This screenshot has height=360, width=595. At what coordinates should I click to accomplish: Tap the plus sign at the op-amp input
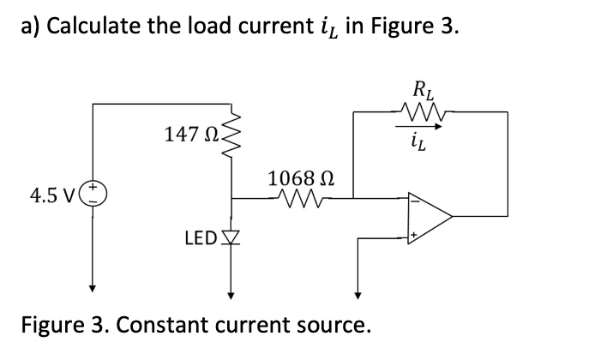coord(413,233)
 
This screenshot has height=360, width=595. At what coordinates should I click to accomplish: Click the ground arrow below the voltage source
coord(92,287)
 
